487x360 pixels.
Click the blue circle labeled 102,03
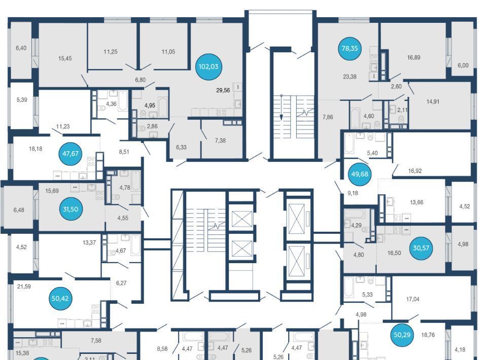208,67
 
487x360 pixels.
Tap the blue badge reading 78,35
350,48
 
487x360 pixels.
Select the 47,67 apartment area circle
71,154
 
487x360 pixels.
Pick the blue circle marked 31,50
71,209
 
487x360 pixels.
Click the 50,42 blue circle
60,299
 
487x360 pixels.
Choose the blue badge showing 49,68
360,174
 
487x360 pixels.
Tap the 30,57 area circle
421,248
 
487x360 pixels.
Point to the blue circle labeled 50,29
402,335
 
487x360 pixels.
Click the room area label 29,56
223,90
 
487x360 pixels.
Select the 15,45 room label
65,58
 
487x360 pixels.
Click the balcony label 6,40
21,48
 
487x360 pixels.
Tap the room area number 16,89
414,57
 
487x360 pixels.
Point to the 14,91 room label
433,101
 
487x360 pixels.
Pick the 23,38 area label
350,77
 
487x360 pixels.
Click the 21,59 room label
24,286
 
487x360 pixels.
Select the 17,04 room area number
413,299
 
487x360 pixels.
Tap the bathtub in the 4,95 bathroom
163,107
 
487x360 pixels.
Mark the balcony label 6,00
463,65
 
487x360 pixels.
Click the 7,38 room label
220,140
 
